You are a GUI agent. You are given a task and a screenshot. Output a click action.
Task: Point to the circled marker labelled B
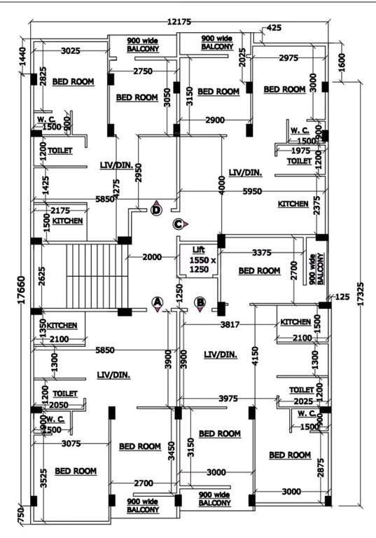point(200,303)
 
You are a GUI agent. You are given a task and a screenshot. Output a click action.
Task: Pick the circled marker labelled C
point(179,224)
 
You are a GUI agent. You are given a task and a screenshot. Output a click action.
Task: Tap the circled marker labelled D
point(156,209)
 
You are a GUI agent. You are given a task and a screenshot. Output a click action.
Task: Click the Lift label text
point(199,249)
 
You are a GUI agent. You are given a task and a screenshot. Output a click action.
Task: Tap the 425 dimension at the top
point(274,28)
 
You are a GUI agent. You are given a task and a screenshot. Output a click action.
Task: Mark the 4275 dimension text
point(116,191)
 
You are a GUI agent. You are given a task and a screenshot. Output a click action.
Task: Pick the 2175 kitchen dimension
point(60,210)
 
